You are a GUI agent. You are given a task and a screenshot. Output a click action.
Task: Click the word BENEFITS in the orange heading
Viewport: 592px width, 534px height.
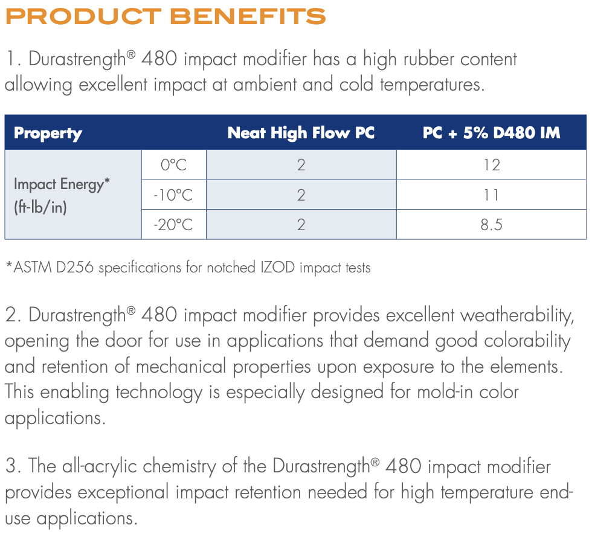[x=248, y=16]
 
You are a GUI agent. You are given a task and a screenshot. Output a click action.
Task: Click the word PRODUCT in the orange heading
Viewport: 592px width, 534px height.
[x=83, y=16]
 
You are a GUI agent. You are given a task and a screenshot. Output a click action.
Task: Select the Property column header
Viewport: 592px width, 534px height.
[x=48, y=133]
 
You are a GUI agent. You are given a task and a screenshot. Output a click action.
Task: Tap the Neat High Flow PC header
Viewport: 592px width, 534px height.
[x=301, y=132]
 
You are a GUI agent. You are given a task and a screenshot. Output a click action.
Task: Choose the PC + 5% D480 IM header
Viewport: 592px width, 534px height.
[x=491, y=132]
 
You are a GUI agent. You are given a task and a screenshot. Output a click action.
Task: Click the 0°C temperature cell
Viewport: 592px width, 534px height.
[x=174, y=165]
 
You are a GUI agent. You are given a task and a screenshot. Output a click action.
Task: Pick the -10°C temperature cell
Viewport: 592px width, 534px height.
[x=173, y=195]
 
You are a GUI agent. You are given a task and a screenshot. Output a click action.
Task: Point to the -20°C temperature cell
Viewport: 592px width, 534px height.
[x=173, y=225]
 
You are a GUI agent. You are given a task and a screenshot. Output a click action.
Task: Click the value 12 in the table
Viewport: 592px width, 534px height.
[x=492, y=165]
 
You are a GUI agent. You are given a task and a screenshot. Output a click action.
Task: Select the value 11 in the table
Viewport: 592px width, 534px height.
[x=491, y=195]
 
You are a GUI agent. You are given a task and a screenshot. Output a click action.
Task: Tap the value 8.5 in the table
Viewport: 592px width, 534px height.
[x=491, y=225]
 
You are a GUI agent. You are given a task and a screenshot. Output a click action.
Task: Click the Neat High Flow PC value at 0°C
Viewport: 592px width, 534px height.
[x=301, y=165]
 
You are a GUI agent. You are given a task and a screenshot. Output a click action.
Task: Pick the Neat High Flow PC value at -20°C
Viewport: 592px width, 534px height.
[x=301, y=225]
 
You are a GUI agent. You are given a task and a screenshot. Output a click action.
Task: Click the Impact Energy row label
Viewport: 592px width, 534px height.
[x=62, y=184]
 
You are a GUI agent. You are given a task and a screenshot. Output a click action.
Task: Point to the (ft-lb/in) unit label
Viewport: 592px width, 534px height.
[x=40, y=207]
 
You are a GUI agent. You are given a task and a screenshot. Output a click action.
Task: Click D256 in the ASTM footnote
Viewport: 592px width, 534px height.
[x=75, y=267]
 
